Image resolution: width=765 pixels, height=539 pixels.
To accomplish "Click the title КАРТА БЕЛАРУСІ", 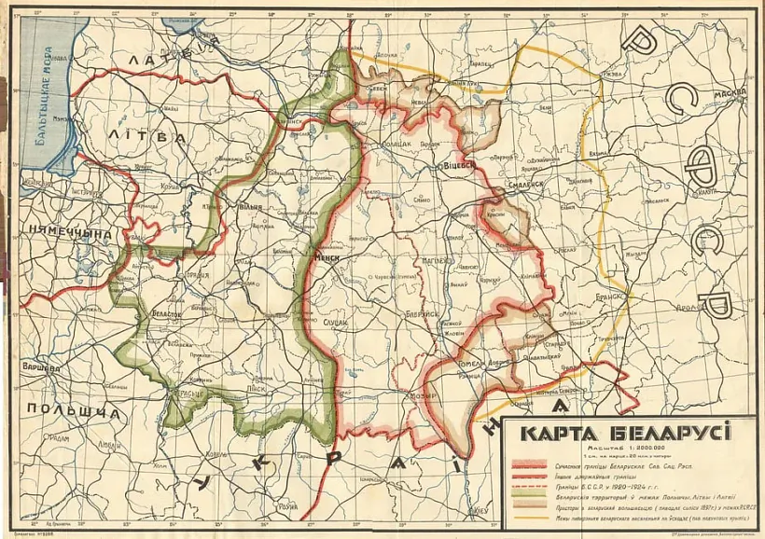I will pos(626,433).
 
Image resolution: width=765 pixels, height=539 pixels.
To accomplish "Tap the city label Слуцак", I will pos(335,323).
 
